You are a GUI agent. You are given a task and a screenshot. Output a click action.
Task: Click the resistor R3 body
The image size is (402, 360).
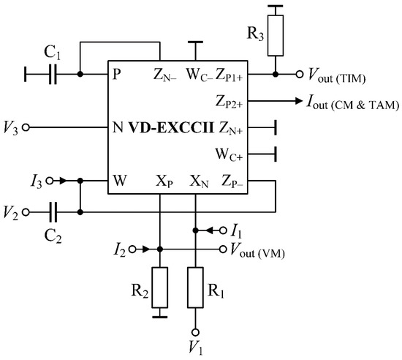(275, 42)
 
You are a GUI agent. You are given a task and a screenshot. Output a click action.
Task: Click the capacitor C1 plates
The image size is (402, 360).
(52, 74)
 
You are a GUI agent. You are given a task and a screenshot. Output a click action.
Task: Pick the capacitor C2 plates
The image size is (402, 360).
(52, 212)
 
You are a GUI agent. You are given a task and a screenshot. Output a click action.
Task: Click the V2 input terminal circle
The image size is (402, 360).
(28, 212)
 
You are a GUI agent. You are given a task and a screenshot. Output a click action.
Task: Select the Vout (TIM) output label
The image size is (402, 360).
(338, 75)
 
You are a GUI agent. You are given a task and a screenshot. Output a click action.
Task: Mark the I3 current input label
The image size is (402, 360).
(37, 179)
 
